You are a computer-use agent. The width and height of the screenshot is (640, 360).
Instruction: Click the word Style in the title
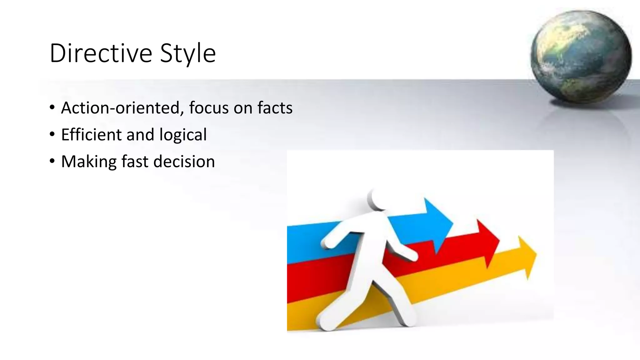point(188,53)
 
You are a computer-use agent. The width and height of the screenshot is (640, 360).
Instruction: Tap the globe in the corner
point(581,56)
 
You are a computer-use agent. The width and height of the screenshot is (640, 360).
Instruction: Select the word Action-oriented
point(121,108)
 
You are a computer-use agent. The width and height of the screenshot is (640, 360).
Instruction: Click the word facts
point(275,108)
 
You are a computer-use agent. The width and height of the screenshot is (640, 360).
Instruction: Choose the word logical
point(183,135)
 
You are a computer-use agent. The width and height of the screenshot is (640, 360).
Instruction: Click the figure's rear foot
point(327,322)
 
